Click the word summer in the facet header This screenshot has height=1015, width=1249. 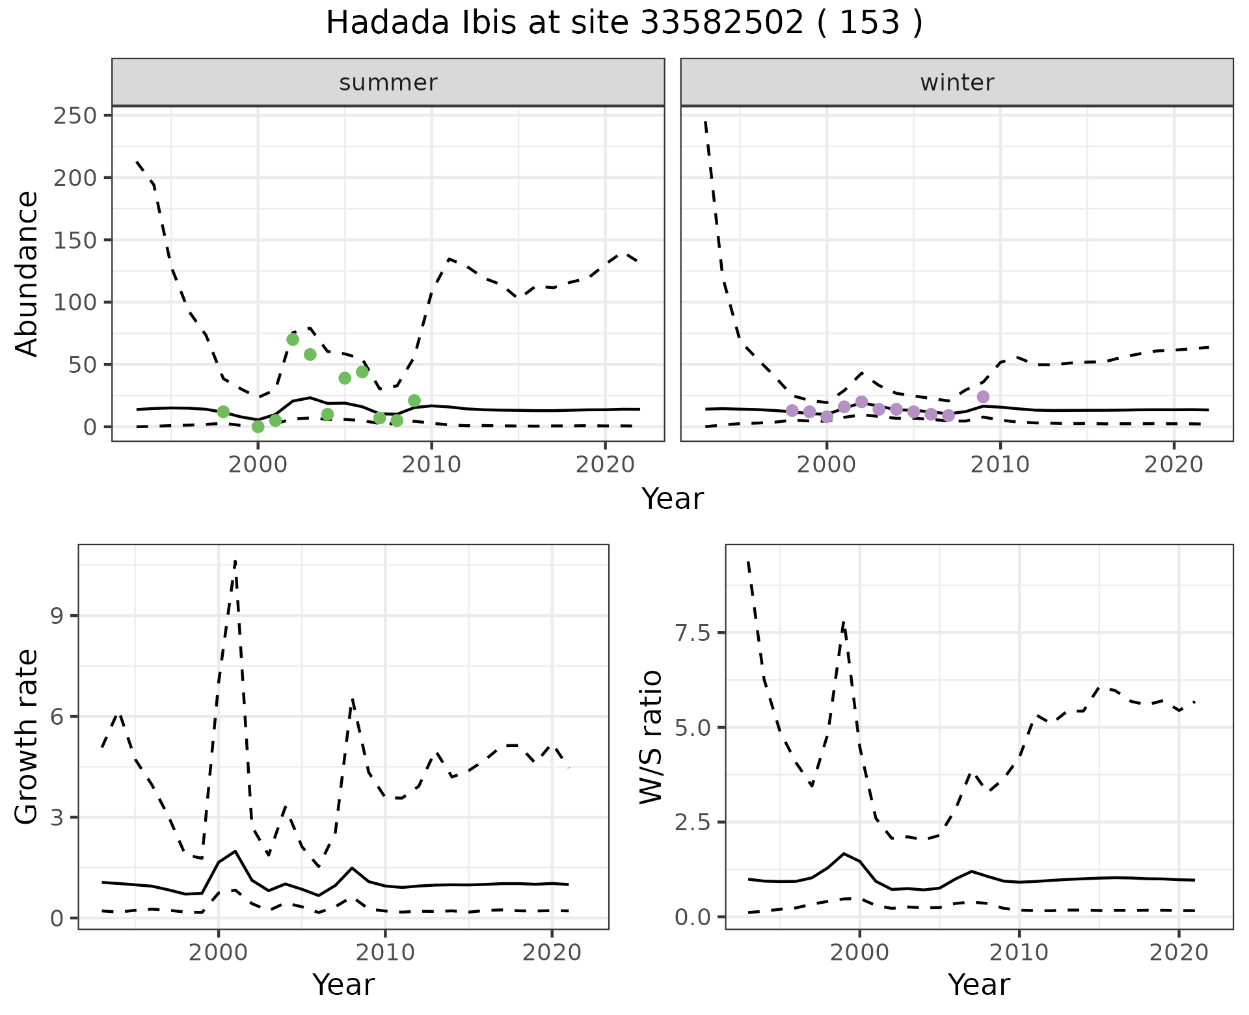pos(388,83)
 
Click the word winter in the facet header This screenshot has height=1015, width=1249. pos(956,83)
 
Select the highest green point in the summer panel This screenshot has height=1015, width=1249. pos(293,340)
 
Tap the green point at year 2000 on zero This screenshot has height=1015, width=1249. pos(258,427)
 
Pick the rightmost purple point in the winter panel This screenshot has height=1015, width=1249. pos(983,397)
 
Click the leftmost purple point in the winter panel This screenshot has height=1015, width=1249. pos(792,411)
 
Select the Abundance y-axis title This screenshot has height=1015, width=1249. pos(27,273)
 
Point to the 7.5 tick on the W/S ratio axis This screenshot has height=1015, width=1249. pos(692,633)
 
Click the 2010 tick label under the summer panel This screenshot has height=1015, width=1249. pos(431,465)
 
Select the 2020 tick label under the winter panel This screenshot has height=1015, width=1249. pos(1174,465)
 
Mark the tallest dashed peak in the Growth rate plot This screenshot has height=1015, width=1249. pos(235,561)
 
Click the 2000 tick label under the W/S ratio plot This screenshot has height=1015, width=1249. pos(859,953)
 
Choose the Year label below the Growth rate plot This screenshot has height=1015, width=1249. pos(343,985)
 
